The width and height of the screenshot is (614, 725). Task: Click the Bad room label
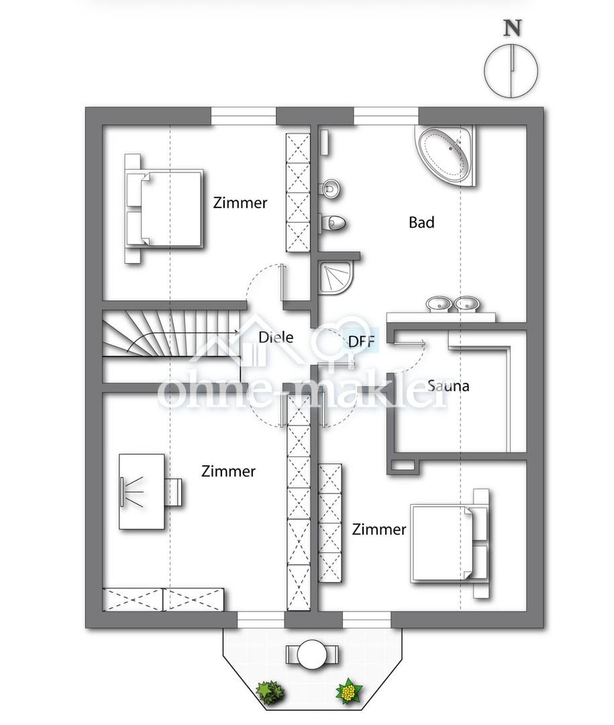point(421,222)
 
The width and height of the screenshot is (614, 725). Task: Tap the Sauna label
point(448,385)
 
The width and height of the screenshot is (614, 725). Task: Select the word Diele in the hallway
point(276,337)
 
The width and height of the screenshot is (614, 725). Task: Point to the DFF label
point(361,342)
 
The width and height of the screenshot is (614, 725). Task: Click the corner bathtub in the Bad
point(445,156)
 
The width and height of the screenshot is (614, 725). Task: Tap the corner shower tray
point(336,277)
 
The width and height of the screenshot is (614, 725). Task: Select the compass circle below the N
point(511,72)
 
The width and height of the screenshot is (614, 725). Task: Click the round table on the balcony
point(312,655)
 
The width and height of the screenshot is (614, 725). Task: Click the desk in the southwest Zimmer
point(142,491)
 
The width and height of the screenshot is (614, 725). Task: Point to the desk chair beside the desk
point(174,492)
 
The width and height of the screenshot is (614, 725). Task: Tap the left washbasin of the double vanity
point(438,304)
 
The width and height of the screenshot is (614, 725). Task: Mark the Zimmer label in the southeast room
point(378,529)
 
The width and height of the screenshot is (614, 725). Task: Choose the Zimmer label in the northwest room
point(240,203)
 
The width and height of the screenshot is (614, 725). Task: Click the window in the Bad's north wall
point(386,116)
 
